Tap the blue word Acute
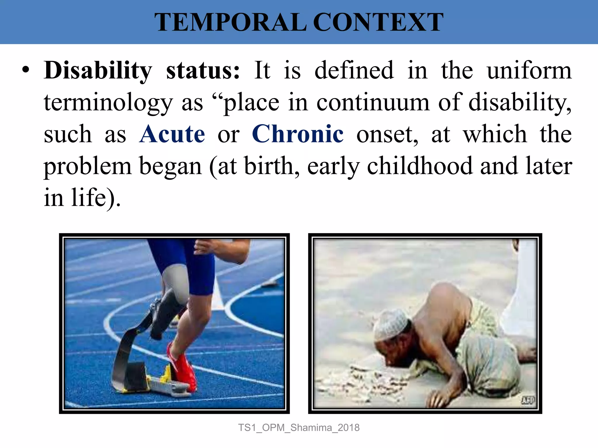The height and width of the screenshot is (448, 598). (172, 134)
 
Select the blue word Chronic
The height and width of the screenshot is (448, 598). (298, 134)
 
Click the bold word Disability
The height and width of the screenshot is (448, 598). (98, 71)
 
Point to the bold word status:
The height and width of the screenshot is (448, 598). (203, 71)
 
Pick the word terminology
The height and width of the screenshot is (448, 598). (108, 103)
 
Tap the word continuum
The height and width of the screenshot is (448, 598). (373, 103)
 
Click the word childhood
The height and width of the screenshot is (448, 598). (419, 166)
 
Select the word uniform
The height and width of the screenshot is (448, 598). (529, 71)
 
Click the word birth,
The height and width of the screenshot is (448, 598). (272, 166)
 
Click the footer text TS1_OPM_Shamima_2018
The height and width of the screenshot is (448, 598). (299, 428)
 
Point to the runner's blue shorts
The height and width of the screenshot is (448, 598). (187, 262)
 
